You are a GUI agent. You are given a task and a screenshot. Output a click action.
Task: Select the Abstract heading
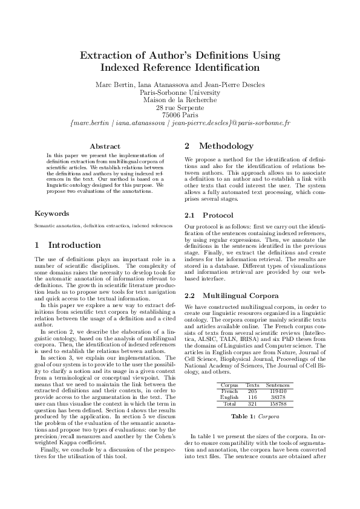pos(105,146)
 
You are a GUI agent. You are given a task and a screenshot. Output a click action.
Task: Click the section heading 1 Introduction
pos(68,245)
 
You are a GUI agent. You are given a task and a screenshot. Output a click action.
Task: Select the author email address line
pos(180,123)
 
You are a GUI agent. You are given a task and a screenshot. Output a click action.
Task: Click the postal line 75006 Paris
pos(180,115)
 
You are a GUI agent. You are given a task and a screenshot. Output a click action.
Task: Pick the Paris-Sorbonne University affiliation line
pos(180,92)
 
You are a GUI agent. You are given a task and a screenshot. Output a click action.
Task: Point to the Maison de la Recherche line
pos(180,100)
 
